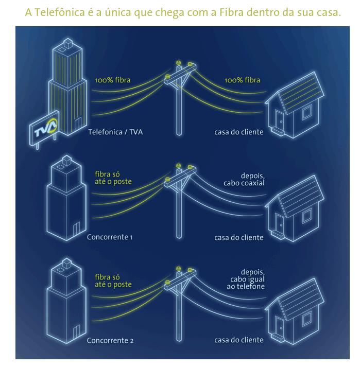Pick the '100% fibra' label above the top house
click(x=242, y=80)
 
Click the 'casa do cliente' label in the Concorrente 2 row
click(x=239, y=340)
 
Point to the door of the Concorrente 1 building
click(x=77, y=228)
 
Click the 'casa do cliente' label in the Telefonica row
click(x=239, y=132)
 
